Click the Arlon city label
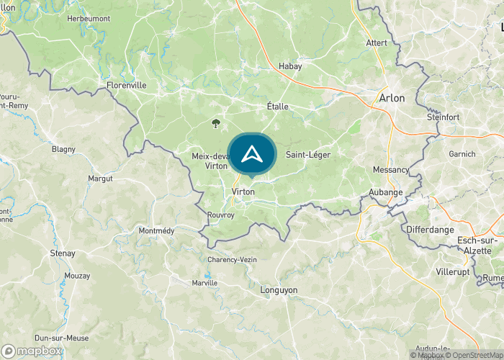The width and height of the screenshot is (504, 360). pos(392,98)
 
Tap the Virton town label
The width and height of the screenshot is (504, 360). pos(243,192)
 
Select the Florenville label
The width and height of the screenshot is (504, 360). pos(126,85)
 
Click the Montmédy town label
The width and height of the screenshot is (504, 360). pos(157,230)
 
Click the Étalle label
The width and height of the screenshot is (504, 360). pos(277,107)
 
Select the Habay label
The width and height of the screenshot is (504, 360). pos(290,66)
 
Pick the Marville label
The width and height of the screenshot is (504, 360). pos(205,283)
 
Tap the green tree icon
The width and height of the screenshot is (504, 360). pos(216,123)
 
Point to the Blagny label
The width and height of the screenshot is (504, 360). pos(63,150)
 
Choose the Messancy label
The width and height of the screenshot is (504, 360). pos(391,170)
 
